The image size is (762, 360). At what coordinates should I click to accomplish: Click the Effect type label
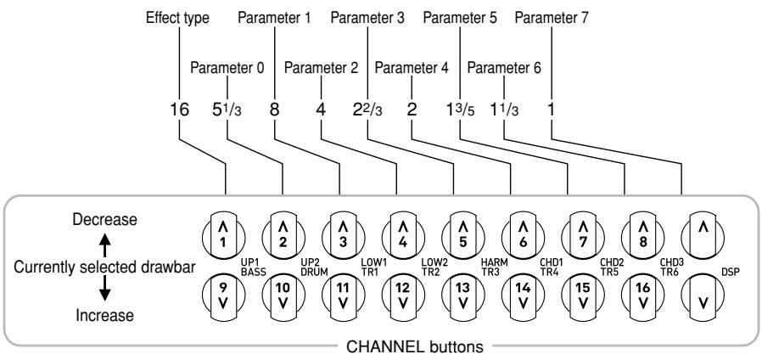[178, 16]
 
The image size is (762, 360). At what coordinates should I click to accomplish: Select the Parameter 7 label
[552, 16]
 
